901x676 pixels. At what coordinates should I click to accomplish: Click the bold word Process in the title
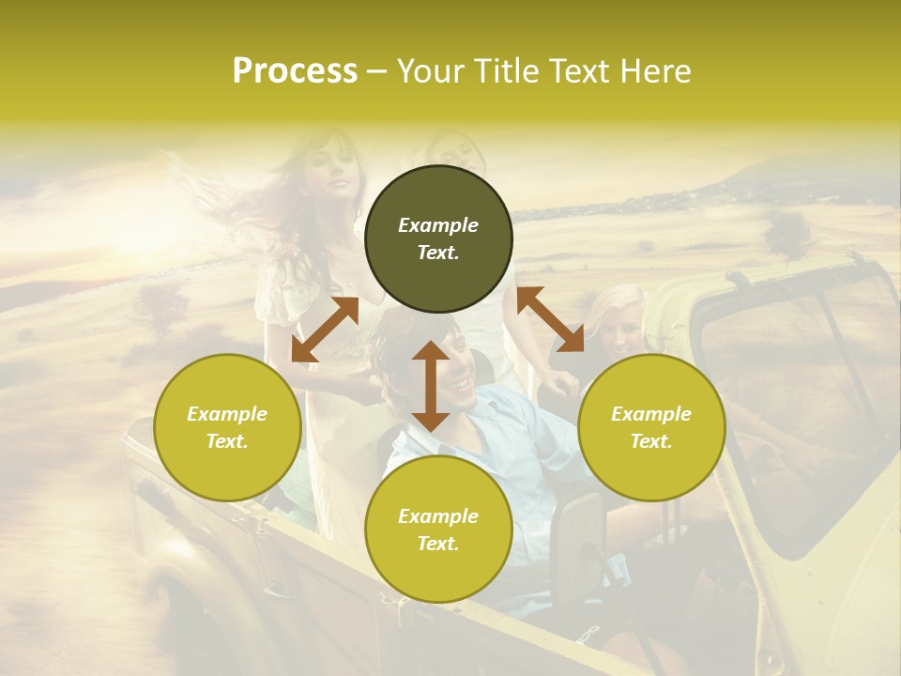tap(295, 70)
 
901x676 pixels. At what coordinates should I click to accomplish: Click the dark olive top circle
tap(438, 239)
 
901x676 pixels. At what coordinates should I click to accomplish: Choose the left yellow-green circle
tap(227, 427)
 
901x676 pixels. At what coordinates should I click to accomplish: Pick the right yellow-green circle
tap(651, 427)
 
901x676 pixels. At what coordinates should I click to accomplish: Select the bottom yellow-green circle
tap(438, 529)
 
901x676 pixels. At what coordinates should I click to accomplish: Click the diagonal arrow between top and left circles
tap(325, 330)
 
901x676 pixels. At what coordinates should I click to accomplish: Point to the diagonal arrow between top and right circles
tap(550, 319)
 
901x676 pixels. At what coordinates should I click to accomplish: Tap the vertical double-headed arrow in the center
tap(430, 386)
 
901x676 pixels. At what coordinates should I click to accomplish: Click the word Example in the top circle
tap(438, 225)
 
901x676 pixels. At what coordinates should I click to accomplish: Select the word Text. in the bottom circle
tap(438, 544)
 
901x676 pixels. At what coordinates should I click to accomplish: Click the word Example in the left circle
tap(227, 414)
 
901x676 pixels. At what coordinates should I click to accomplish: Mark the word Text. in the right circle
tap(650, 441)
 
